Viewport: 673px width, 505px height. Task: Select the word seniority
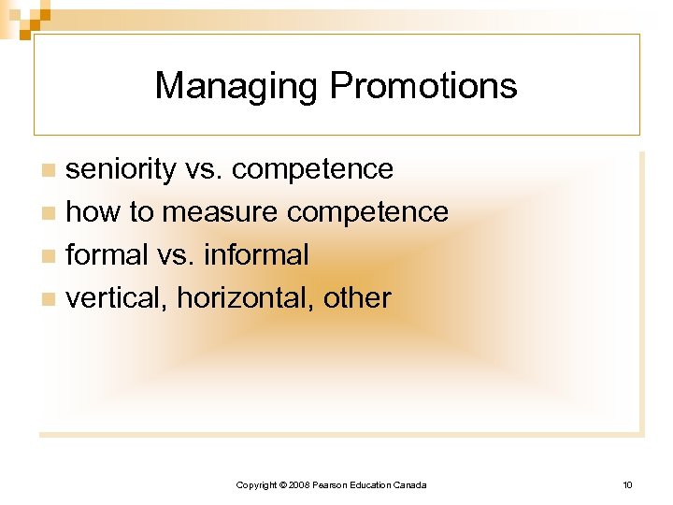pos(121,169)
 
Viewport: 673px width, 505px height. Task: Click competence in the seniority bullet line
pos(312,169)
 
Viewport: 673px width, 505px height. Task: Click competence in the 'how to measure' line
pos(367,212)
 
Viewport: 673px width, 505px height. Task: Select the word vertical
pos(117,297)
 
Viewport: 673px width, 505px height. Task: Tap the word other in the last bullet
pos(357,297)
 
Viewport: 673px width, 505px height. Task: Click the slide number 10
pos(627,484)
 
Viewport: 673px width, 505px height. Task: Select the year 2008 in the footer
pos(298,484)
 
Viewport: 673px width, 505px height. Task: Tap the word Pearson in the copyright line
pos(329,484)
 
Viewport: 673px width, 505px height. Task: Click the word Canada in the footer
pos(410,484)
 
